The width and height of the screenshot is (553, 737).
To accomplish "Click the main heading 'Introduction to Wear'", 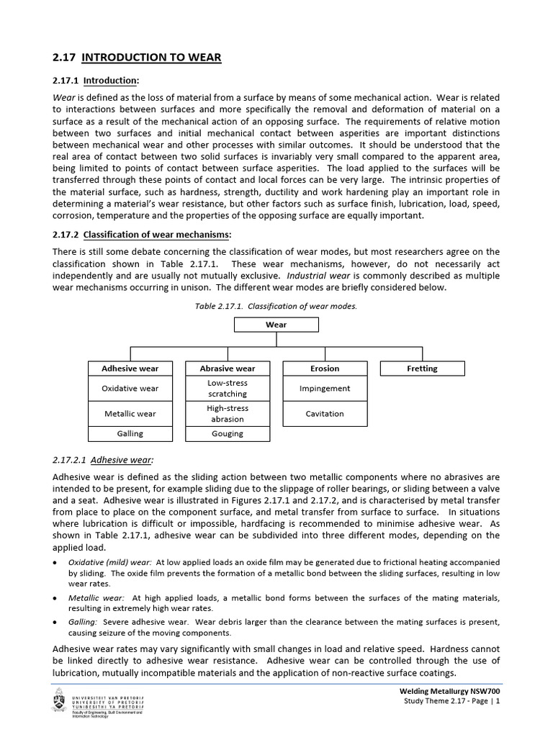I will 138,57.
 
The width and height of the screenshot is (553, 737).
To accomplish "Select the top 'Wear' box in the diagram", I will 276,325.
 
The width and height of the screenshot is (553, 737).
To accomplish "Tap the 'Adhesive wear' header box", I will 130,368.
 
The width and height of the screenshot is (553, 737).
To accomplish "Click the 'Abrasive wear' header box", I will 227,368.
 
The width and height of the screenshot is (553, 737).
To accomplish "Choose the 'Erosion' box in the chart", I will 325,368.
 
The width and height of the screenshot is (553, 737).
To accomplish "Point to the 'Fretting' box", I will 422,368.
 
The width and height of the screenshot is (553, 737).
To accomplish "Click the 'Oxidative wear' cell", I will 130,389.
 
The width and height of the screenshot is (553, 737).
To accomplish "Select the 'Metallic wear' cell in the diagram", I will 130,414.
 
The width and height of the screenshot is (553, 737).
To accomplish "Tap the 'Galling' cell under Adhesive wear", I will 130,434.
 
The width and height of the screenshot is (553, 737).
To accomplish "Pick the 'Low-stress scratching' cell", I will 227,389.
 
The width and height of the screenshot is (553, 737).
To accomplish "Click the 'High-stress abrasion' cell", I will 227,414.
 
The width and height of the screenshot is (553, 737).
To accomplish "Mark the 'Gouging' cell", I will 227,434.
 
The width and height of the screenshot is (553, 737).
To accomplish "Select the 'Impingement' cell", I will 325,389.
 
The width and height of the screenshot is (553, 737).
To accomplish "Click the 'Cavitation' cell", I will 325,414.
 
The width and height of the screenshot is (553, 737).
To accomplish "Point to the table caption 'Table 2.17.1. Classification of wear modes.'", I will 276,306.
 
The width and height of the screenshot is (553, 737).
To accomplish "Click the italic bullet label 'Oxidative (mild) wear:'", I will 109,561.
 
